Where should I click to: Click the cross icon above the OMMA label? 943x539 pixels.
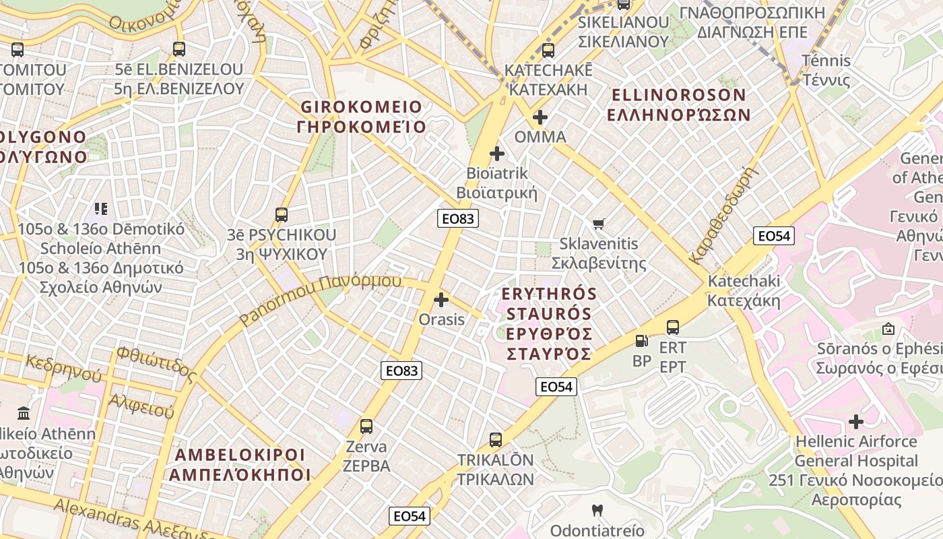point(540,117)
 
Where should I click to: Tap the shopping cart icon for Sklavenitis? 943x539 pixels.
point(598,224)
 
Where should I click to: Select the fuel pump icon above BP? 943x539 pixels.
point(642,341)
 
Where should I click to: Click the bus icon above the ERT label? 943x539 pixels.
point(672,328)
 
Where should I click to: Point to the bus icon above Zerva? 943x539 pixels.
point(366,426)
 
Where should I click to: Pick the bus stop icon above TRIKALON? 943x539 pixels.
point(496,440)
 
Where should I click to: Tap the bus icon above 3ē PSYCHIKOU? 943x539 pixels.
point(282,216)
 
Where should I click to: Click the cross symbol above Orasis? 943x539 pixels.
point(441,299)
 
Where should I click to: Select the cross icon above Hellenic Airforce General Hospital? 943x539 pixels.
point(856,422)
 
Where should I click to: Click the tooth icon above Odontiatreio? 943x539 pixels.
point(596,511)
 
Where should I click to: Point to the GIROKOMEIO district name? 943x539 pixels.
point(361,107)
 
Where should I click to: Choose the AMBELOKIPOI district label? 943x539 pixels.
point(240,455)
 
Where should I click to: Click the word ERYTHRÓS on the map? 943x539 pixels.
point(550,294)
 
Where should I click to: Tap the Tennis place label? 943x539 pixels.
point(826,61)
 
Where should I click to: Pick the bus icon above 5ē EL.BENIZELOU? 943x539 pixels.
point(178,49)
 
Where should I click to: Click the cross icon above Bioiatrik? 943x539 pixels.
point(497,154)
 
